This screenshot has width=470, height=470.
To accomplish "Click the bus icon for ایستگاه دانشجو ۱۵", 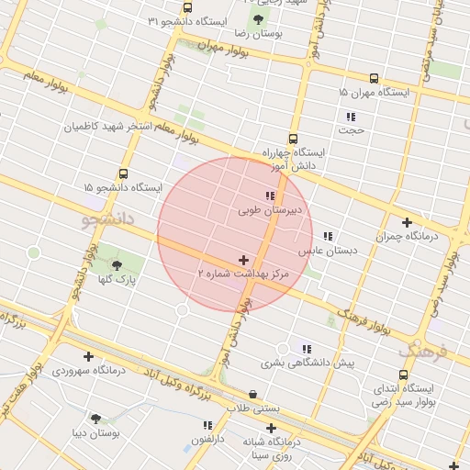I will click(x=123, y=173).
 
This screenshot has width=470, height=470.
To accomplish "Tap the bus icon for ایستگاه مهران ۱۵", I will click(x=374, y=79).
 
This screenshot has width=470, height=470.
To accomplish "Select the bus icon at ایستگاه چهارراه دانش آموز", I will click(x=294, y=138).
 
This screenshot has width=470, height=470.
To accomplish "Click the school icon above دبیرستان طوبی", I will click(x=269, y=196).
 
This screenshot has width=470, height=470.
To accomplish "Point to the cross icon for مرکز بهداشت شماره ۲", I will click(x=243, y=261).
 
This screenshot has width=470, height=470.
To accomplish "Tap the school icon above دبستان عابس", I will click(x=328, y=236).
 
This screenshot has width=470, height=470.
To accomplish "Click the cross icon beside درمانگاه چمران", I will click(x=407, y=221).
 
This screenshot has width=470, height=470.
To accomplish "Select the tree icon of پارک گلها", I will click(x=116, y=265).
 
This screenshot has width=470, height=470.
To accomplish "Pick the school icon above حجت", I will click(x=350, y=117).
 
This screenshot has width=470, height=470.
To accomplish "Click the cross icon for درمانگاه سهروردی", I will click(x=88, y=356).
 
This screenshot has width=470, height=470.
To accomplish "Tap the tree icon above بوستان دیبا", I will click(x=95, y=418).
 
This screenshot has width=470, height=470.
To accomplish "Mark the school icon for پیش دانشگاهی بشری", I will click(x=307, y=349).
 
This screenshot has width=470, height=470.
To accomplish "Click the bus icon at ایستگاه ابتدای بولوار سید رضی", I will click(x=404, y=375).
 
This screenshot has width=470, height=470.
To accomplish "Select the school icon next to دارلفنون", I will click(x=207, y=426).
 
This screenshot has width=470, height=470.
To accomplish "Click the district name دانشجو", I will click(x=108, y=219).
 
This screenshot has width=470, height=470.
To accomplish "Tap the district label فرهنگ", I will click(x=423, y=352).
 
